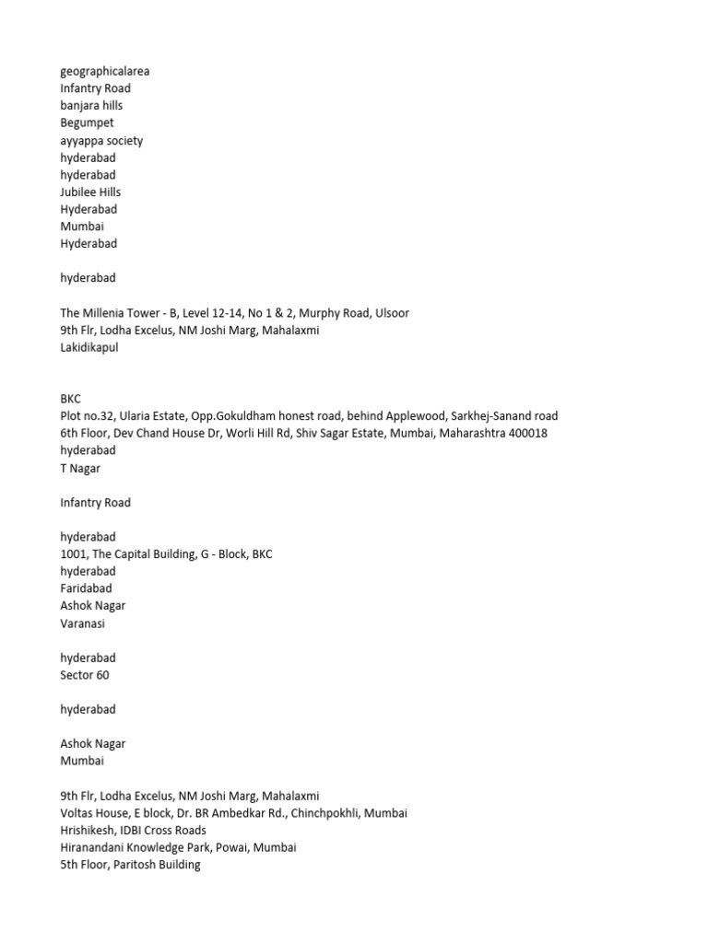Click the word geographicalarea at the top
(x=104, y=71)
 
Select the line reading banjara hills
(x=91, y=106)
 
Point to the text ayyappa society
(x=101, y=141)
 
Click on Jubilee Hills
(x=90, y=192)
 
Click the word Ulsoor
(x=392, y=313)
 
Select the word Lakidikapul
(x=89, y=348)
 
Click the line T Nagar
(x=80, y=468)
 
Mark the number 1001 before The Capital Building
(x=74, y=554)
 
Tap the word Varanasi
(x=83, y=623)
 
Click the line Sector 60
(x=84, y=675)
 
